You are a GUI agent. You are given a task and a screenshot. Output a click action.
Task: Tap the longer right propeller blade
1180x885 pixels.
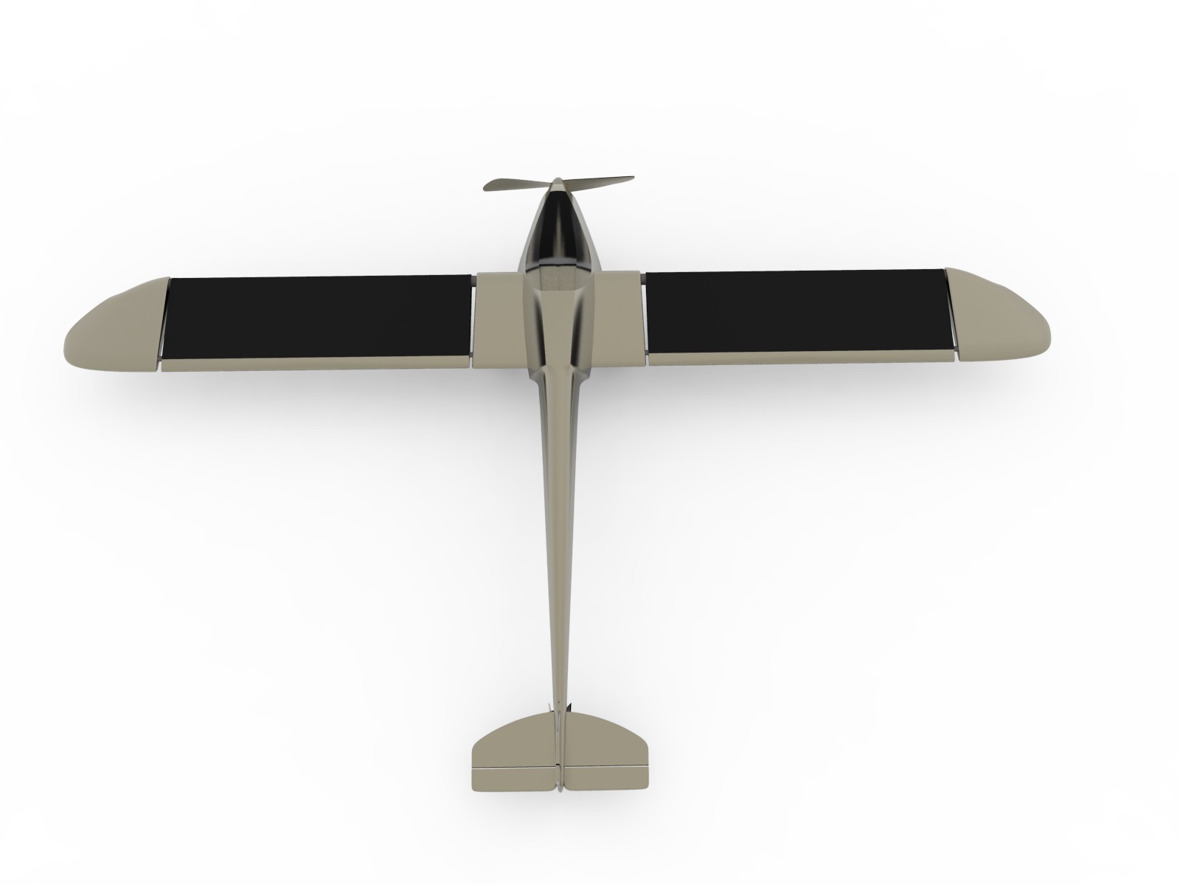601,181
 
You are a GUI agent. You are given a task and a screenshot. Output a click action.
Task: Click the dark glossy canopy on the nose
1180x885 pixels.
558,229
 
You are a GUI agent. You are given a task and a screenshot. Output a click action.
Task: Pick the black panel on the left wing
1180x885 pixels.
317,316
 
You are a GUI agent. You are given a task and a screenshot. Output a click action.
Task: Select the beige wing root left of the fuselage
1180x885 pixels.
498,321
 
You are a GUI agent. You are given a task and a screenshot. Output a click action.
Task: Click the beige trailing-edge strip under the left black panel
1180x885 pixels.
317,364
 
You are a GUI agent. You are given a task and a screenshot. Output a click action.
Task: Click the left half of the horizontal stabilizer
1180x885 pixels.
513,745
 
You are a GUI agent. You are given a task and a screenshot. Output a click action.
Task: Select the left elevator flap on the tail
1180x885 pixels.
513,778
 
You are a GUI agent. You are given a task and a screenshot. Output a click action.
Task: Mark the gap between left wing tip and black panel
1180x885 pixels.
164,321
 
